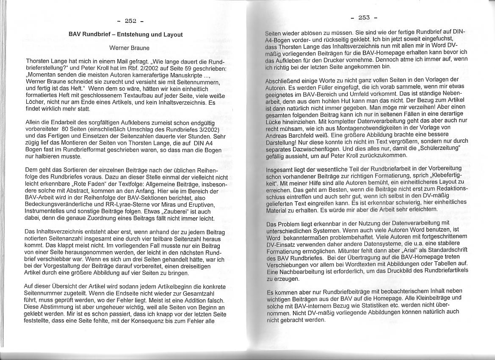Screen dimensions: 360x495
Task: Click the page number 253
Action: (364, 17)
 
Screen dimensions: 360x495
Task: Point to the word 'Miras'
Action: (158, 205)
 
